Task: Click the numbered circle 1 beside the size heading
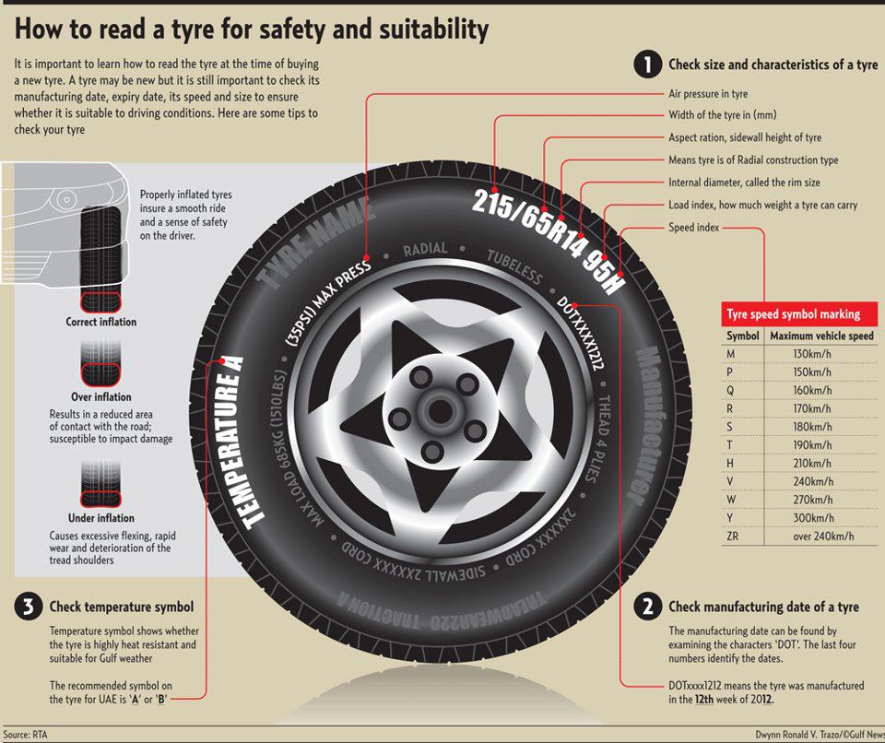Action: click(648, 65)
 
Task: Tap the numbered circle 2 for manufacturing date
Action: click(648, 606)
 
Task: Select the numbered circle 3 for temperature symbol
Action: click(29, 606)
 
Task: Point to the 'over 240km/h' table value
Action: click(822, 536)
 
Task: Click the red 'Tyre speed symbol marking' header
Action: click(794, 313)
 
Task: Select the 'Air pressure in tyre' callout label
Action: click(708, 94)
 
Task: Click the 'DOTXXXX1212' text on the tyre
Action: click(582, 336)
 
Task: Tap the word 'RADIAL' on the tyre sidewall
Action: click(426, 249)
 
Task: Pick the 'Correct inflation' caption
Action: click(101, 323)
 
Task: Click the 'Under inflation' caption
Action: click(101, 518)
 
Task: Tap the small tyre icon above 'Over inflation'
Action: click(101, 363)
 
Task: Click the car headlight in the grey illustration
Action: click(65, 199)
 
